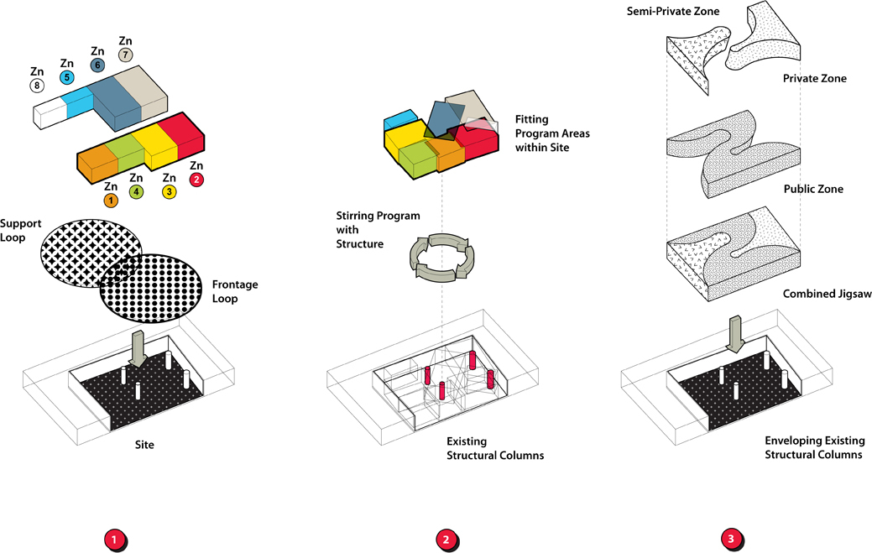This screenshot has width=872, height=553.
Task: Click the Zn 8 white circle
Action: pos(37,86)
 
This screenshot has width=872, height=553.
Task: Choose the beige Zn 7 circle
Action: pos(125,55)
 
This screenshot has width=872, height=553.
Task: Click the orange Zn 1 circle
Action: pos(110,201)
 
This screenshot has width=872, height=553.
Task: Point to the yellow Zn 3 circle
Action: pos(169,192)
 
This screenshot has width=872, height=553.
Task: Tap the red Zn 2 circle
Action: pos(196,180)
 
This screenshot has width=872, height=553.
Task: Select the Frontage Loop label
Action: pos(235,291)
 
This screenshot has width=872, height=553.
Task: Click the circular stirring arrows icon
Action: pos(440,257)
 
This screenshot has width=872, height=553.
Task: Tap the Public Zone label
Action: pos(812,189)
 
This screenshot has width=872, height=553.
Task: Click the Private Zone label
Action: pos(814,78)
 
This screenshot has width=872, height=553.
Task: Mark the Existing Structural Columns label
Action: pos(495,448)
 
